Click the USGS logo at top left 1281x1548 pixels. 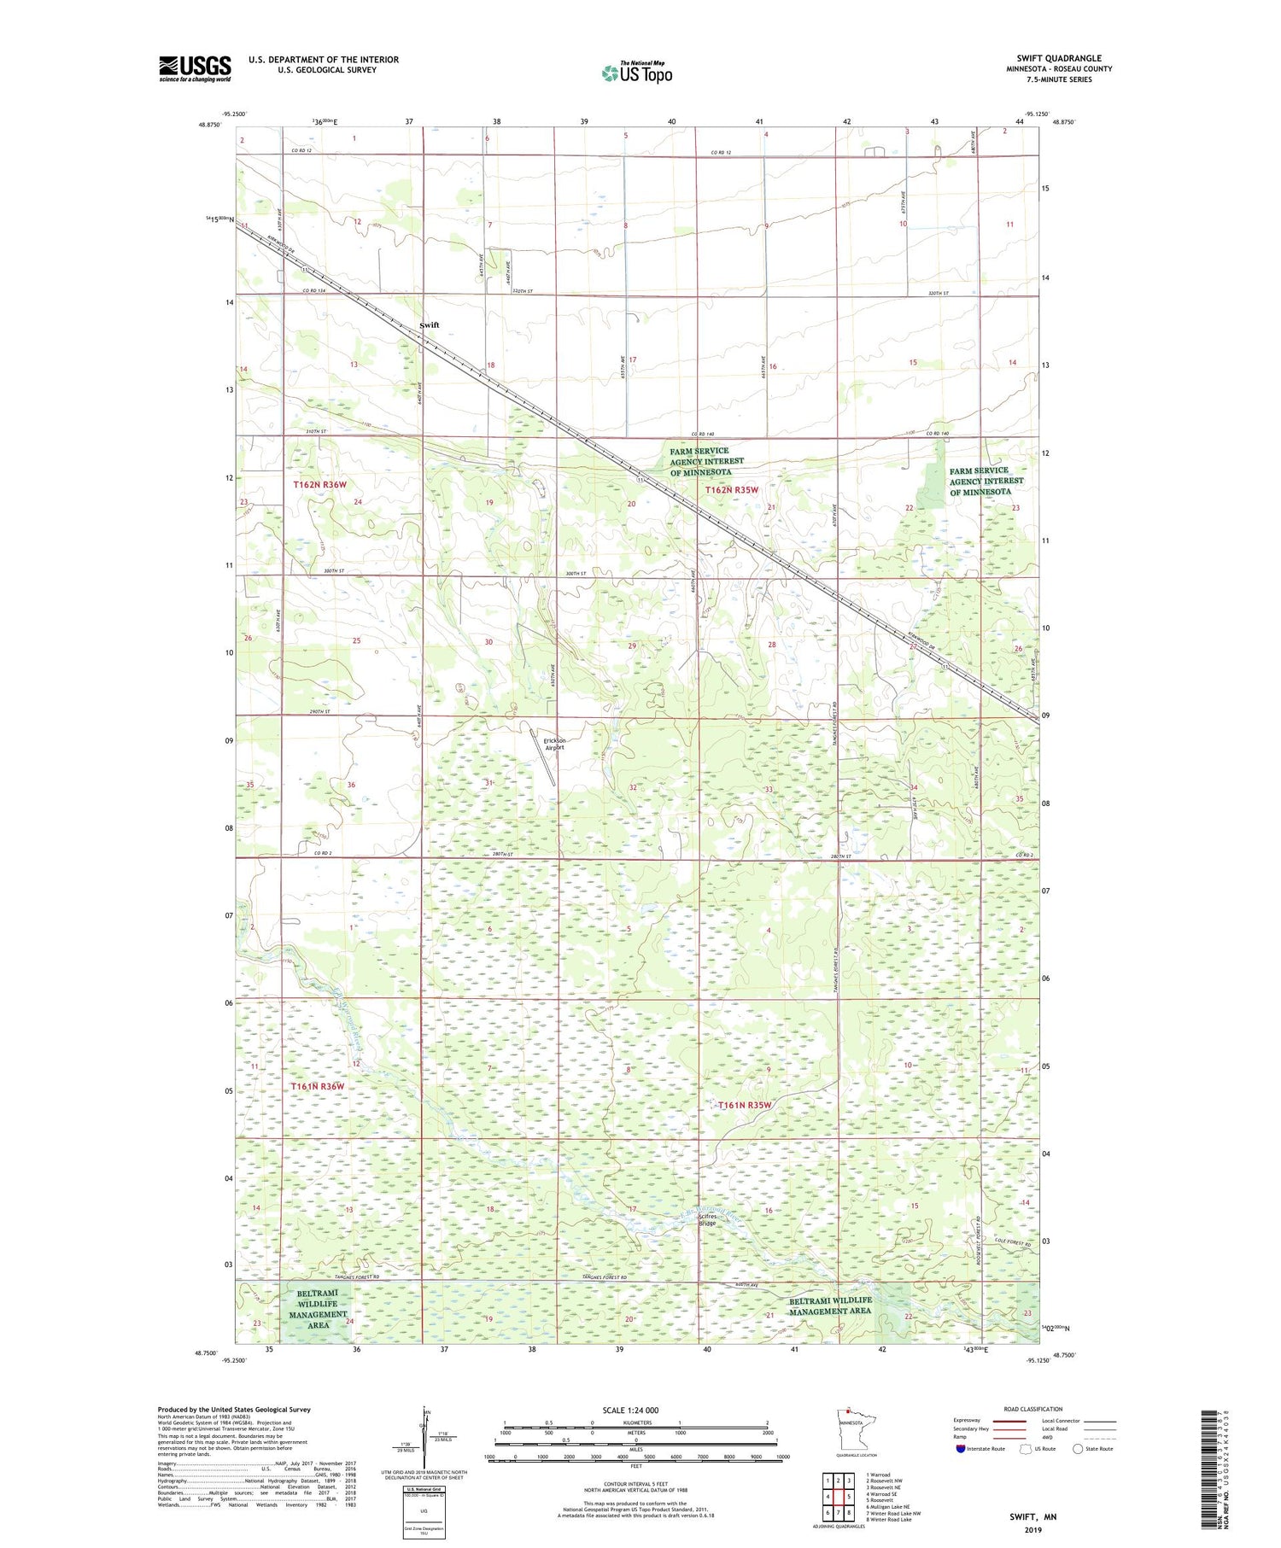[195, 68]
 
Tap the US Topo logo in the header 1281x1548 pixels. [637, 73]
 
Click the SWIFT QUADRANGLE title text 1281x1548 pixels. [1058, 58]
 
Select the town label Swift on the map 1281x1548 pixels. [430, 325]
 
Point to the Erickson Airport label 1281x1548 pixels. [555, 744]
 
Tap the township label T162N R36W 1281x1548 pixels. [320, 485]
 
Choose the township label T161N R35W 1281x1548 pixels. [745, 1105]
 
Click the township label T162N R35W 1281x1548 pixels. [732, 490]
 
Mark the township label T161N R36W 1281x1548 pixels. [318, 1086]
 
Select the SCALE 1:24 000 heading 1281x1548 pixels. [630, 1410]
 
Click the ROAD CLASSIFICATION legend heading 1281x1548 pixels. [1033, 1409]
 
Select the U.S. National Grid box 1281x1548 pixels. [424, 1512]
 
